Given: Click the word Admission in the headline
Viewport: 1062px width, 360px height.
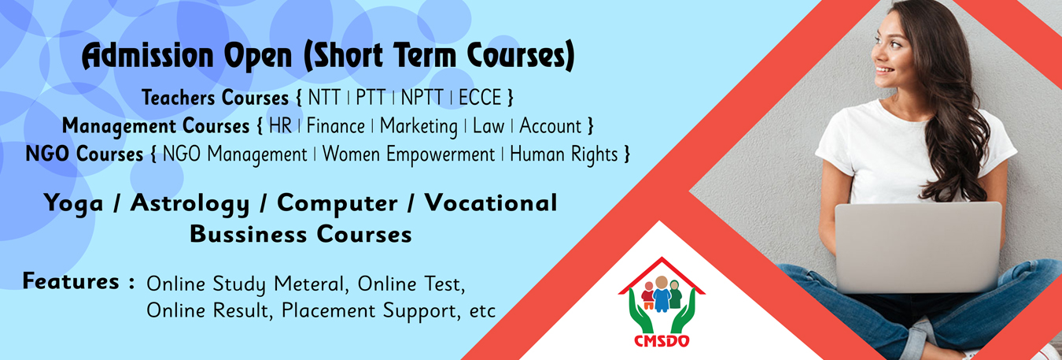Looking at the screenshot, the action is (148, 57).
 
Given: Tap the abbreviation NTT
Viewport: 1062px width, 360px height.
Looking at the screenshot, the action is (324, 98).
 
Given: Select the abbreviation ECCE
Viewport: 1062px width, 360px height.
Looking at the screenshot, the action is (480, 98).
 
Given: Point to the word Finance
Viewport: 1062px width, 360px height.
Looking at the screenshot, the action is (336, 126).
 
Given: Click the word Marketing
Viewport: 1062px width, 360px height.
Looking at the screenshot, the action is (419, 127).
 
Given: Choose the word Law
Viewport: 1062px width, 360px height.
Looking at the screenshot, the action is (489, 126).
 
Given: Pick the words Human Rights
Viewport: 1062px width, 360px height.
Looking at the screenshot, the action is (564, 155).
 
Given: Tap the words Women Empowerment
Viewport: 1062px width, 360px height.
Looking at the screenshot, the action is (408, 155).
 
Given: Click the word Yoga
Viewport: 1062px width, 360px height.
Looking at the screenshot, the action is (73, 204).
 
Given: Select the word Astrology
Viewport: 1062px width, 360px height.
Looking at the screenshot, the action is (190, 204).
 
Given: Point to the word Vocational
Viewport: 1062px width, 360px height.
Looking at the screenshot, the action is (491, 202).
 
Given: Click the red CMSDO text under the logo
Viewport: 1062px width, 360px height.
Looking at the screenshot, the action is (662, 340).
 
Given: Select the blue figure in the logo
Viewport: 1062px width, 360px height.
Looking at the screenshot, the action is (662, 295).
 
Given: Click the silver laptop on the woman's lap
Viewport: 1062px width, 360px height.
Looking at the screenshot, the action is (918, 247).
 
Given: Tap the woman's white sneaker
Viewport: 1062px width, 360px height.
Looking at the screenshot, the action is (1048, 352).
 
